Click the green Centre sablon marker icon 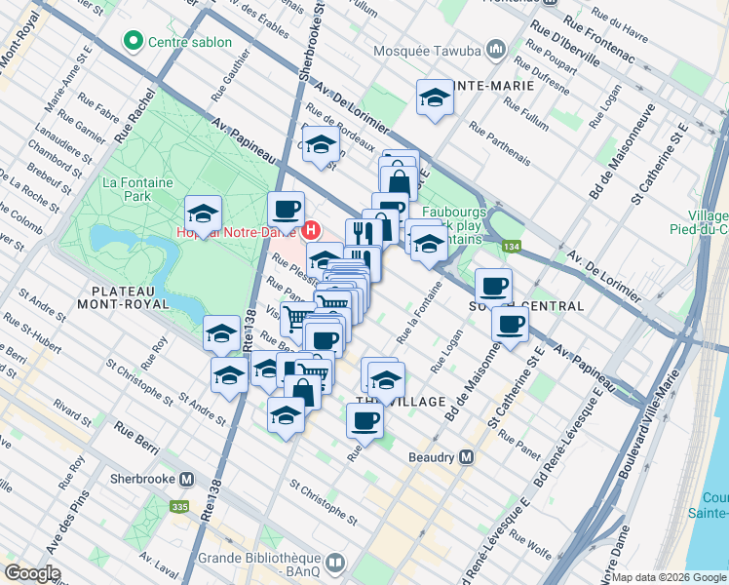[132, 41]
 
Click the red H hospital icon [311, 231]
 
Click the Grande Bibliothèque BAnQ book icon [335, 562]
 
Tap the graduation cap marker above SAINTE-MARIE [435, 97]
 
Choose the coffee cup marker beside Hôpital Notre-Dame [287, 209]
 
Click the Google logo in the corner [32, 573]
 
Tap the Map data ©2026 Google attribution [669, 576]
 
